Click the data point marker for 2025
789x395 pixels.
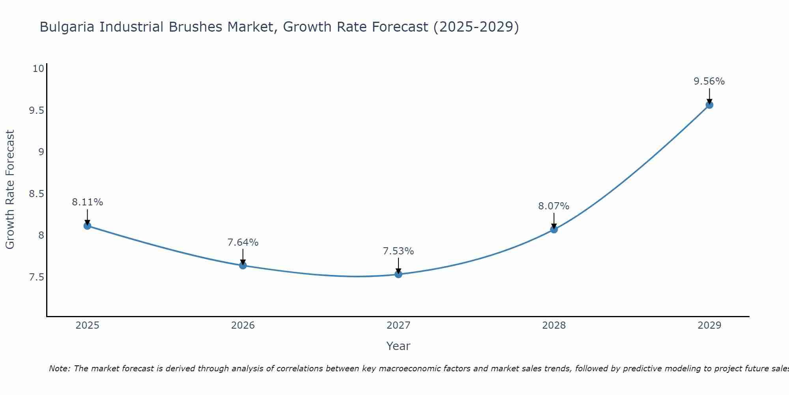(87, 226)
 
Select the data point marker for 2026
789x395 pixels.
(243, 265)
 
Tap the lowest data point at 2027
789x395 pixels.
(398, 274)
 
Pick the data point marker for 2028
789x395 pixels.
(554, 229)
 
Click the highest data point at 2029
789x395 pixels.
(709, 105)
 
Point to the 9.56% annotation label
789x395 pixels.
(709, 81)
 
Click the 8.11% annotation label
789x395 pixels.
(87, 202)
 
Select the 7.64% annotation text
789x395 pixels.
(243, 243)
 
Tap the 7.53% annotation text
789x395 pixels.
(398, 251)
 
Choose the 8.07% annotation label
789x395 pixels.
(554, 206)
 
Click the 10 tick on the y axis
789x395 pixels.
(38, 69)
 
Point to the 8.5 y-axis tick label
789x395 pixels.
(36, 194)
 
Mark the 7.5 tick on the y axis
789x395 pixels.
(36, 277)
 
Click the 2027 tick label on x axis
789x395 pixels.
(398, 325)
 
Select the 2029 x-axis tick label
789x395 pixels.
(709, 325)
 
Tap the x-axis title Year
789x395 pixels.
(398, 346)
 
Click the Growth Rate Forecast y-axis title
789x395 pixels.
(10, 190)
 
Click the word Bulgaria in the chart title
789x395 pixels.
(68, 27)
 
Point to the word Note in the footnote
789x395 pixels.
(59, 369)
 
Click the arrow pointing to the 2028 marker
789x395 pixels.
(554, 220)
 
